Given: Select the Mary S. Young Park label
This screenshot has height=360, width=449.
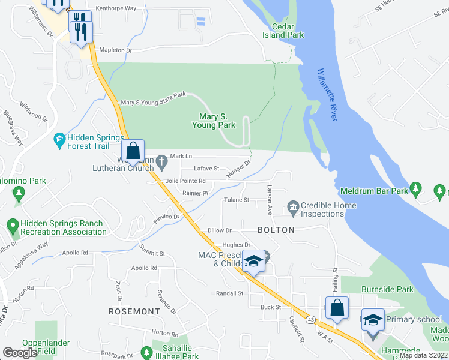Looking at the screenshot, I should (x=213, y=121).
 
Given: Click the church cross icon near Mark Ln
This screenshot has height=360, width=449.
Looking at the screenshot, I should (x=161, y=160).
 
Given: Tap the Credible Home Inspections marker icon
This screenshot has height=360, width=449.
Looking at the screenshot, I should (x=293, y=209).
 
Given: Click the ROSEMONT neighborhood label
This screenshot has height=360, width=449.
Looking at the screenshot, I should (x=134, y=311).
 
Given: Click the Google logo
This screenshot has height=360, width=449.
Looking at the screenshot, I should (x=20, y=353).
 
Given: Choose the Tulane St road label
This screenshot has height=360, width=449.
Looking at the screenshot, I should (x=237, y=200).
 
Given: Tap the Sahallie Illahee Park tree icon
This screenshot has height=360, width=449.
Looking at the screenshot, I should (x=146, y=353).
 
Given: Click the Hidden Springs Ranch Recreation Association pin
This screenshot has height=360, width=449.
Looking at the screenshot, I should (x=12, y=227).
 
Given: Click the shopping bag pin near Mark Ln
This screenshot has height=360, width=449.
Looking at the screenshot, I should (x=134, y=152).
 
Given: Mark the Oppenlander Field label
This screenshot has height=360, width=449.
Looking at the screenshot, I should (x=46, y=347).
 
